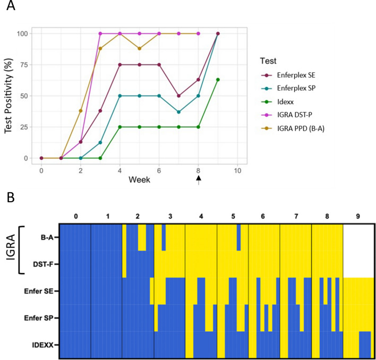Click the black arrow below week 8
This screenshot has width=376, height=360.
[x=199, y=181]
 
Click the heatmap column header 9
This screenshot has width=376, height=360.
[x=358, y=217]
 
